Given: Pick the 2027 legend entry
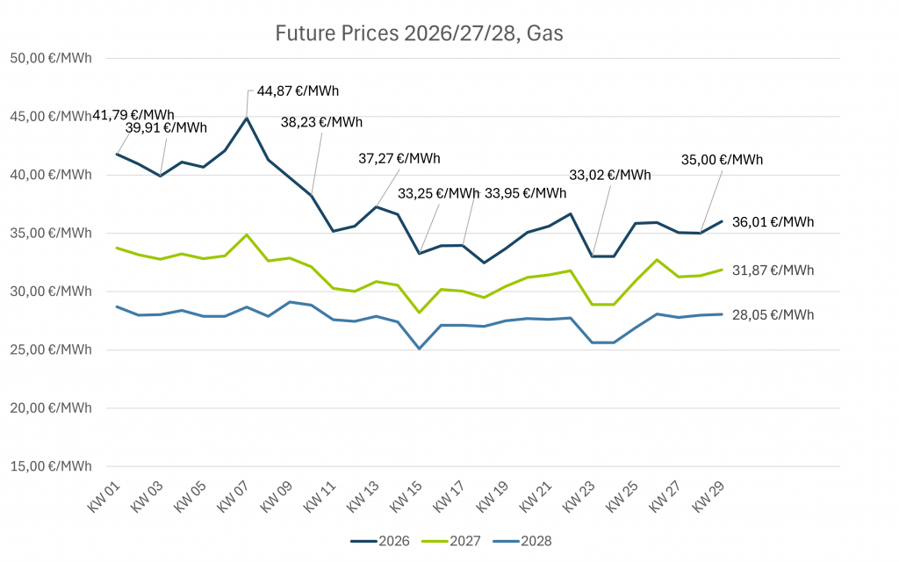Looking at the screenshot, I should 450,541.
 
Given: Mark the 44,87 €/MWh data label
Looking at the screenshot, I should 298,90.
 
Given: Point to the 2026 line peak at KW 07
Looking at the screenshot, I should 247,118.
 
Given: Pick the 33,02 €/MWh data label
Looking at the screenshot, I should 610,175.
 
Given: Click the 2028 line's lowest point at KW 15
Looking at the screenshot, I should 420,349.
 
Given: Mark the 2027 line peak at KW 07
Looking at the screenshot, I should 247,234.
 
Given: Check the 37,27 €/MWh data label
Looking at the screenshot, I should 399,159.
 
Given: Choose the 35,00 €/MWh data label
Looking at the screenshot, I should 722,160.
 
